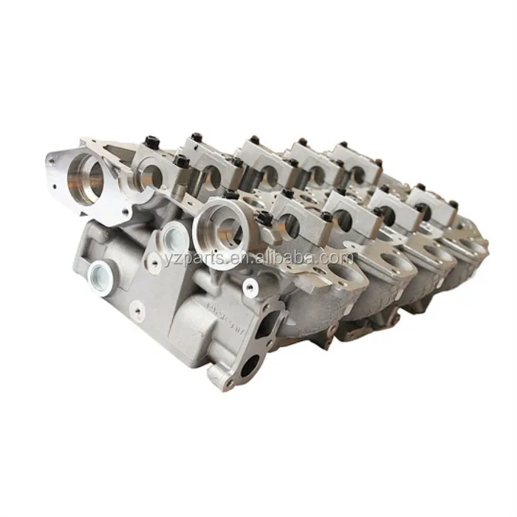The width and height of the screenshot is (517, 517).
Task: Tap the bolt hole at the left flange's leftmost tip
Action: (x=52, y=157)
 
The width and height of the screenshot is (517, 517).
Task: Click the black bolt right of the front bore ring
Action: (x=264, y=218)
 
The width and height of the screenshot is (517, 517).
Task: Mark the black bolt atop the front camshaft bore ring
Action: (x=230, y=195)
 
